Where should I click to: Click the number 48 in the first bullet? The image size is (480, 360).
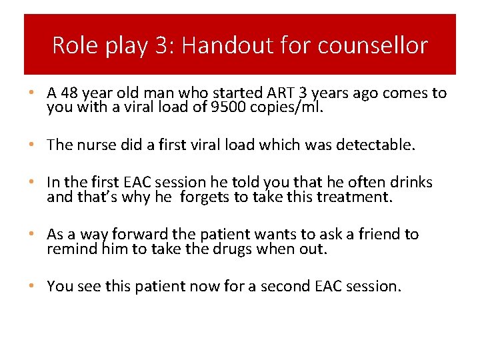click(x=67, y=93)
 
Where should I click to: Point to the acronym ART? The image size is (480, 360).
click(x=239, y=93)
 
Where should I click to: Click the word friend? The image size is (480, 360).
click(x=382, y=235)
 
